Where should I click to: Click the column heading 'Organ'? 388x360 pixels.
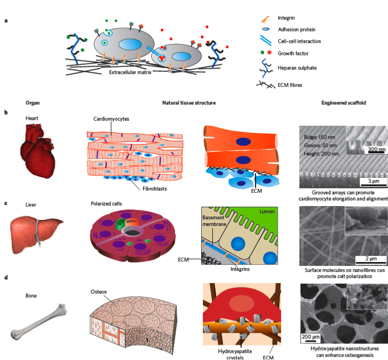[33, 103]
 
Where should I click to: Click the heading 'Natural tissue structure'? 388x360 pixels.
[188, 103]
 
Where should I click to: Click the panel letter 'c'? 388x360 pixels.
[6, 203]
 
